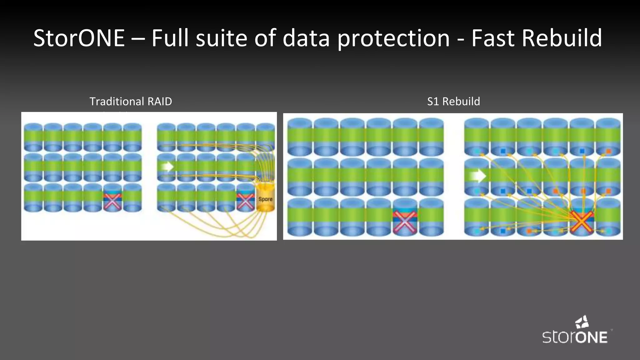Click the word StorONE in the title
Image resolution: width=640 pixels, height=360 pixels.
(79, 38)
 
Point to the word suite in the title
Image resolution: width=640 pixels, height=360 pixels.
(222, 38)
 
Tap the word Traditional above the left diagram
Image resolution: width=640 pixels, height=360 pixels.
(117, 102)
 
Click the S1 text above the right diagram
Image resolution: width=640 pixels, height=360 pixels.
(433, 102)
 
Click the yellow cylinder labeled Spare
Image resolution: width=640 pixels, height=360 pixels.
(265, 199)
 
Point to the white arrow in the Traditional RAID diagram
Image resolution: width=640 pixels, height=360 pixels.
(168, 167)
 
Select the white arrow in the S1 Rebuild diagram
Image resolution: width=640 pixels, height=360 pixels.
(476, 176)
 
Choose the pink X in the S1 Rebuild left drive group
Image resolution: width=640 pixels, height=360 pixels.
(405, 221)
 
